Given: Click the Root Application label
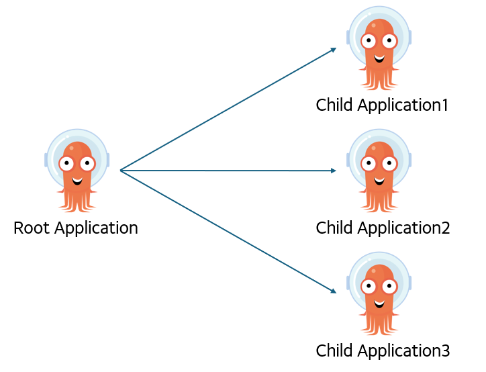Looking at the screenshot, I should pos(76,228).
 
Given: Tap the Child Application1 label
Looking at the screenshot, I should pos(382,105).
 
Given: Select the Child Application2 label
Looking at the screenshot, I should pos(383,228).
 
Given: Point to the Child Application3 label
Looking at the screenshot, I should pos(383,351).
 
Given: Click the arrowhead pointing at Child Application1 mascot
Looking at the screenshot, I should pos(334,49).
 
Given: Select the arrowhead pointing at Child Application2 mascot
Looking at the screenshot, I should pos(333,171).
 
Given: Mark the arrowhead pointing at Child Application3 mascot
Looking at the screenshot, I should pos(334,291).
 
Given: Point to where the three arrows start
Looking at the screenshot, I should pos(120,171).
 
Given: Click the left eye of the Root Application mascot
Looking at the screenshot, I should pos(66,163).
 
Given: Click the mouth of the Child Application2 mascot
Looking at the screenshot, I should pos(379,180).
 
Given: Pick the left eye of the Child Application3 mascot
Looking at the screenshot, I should pos(369,286).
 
